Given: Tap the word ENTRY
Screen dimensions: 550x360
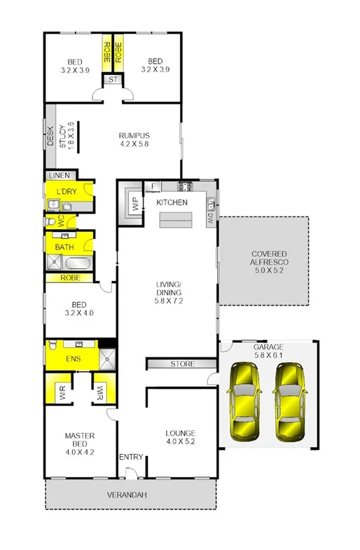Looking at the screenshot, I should (x=131, y=458).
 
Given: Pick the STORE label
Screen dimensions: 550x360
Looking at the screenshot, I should (x=183, y=364).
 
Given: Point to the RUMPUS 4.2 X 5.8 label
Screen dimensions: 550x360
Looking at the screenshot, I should (x=134, y=140).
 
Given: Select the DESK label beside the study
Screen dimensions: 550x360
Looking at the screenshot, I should (x=50, y=136).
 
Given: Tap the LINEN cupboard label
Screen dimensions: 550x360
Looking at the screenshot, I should (x=58, y=175).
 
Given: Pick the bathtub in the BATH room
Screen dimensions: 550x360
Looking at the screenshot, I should (x=78, y=264).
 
